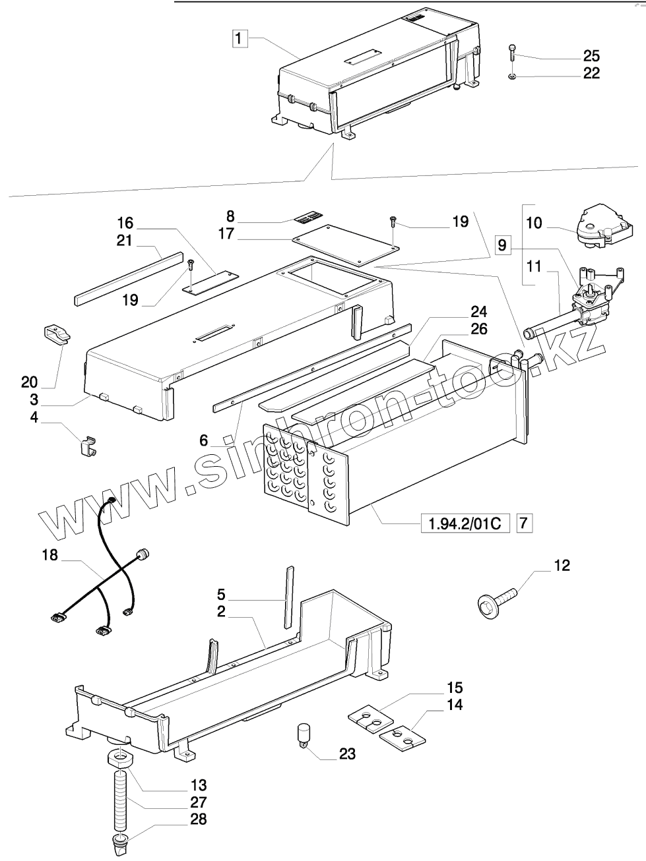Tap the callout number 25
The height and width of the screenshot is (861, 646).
591,55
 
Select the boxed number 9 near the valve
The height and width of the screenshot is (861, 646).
502,246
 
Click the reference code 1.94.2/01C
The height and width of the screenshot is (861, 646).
465,524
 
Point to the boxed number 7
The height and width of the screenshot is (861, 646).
523,524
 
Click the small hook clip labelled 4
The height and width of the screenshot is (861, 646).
86,446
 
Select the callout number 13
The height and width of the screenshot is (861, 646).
198,785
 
